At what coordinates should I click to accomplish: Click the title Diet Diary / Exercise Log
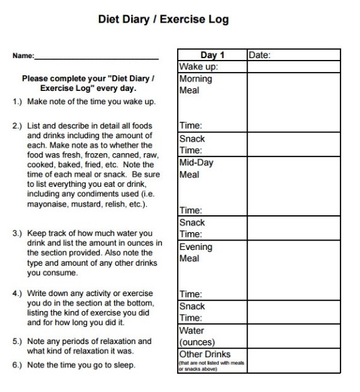pos(163,20)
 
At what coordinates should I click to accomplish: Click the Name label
pos(23,56)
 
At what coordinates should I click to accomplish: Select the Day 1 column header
pos(212,55)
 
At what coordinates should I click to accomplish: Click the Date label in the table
pos(260,55)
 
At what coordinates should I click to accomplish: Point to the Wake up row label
pos(199,66)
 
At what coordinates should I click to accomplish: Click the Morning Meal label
pos(196,85)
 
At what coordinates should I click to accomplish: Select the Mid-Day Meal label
pos(197,169)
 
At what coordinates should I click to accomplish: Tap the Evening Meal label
pos(196,252)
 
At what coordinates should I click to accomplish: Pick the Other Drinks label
pos(205,354)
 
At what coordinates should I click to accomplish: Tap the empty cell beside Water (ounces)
pos(293,336)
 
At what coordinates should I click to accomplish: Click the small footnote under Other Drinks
pos(210,365)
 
